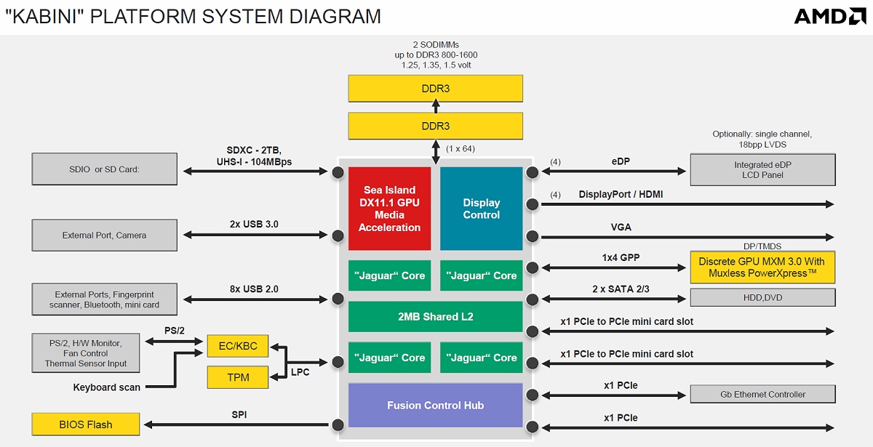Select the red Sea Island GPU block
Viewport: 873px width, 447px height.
(389, 209)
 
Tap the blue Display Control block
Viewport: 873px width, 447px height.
(482, 209)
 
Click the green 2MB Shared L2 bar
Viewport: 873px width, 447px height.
(435, 317)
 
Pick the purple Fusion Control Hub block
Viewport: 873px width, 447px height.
(435, 405)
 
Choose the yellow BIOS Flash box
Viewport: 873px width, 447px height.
(86, 424)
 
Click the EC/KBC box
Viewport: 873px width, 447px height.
(237, 345)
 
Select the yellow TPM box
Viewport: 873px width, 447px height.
(237, 377)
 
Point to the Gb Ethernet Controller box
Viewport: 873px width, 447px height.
(762, 394)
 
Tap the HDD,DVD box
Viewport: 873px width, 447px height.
(762, 297)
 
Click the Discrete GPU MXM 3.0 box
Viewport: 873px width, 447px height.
(762, 267)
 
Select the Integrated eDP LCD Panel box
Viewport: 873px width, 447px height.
(762, 169)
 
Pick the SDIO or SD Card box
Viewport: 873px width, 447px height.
(104, 169)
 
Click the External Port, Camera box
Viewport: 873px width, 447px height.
(104, 235)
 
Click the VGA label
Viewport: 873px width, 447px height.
(621, 227)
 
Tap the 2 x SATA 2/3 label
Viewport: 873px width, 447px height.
(620, 289)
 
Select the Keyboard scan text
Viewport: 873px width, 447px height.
(106, 387)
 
